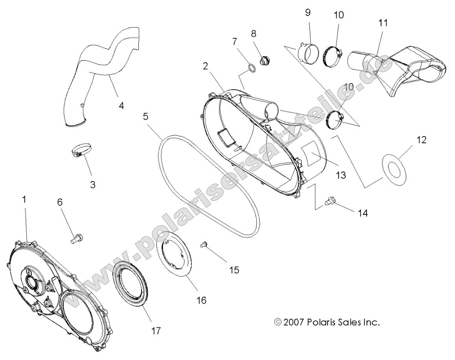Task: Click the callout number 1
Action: (x=24, y=200)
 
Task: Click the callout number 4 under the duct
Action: (x=121, y=106)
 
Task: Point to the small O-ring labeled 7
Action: (x=252, y=69)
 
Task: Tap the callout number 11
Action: (x=383, y=23)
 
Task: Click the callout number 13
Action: (x=341, y=175)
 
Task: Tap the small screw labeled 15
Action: (x=204, y=245)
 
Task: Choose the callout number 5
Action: (x=146, y=116)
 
